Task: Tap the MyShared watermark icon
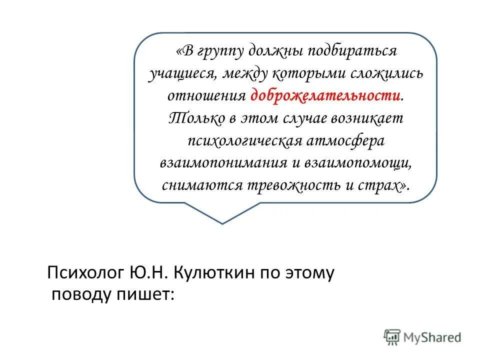pyautogui.click(x=392, y=336)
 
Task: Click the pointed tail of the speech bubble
pyautogui.click(x=222, y=220)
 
